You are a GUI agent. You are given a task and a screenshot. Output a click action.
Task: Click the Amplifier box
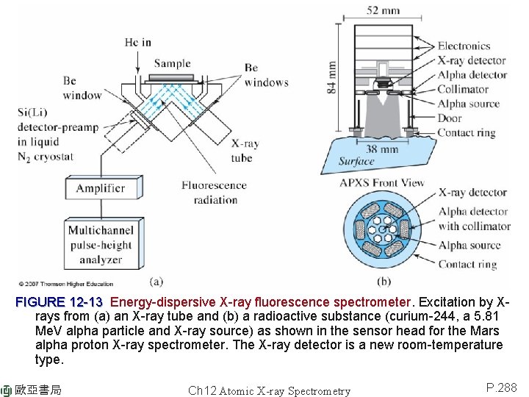[101, 188]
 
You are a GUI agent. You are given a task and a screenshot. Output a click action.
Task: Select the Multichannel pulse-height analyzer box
[100, 245]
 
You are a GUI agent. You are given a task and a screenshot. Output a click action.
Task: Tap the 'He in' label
[137, 42]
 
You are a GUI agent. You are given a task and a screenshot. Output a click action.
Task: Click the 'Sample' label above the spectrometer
[172, 64]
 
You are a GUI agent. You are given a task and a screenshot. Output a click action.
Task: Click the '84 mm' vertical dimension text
[332, 76]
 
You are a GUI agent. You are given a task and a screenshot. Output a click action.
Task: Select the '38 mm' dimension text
[383, 149]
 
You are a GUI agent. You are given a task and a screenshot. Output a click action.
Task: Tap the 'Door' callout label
[450, 118]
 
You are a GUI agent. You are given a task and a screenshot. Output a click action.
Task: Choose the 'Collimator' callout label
[464, 89]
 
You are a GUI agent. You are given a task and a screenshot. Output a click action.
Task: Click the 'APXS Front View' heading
[382, 182]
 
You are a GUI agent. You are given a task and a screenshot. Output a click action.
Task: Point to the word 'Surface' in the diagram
[356, 162]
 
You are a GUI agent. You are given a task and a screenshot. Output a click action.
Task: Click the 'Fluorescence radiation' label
[209, 193]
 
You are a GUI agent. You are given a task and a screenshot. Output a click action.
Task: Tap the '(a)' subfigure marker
[156, 281]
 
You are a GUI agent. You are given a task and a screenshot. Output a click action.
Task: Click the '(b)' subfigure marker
[384, 281]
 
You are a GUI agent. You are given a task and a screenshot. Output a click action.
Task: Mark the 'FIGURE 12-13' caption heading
[59, 302]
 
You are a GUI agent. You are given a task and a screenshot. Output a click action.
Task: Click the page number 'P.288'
[502, 387]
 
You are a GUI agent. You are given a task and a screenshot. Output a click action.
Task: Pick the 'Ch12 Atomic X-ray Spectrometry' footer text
[269, 391]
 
